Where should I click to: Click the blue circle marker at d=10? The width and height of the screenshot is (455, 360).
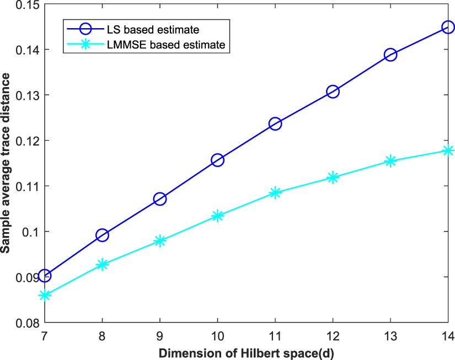point(217,160)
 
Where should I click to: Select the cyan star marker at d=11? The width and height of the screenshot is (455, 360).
point(275,192)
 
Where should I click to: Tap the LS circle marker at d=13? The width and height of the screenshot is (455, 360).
point(390,55)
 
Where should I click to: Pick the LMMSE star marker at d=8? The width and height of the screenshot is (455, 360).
point(102,264)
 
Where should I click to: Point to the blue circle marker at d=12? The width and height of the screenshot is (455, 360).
point(333,92)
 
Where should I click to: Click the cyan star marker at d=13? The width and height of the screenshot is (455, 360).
point(390,160)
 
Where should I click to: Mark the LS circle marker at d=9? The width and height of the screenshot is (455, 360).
point(160,199)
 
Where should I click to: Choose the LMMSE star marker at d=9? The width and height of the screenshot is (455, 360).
point(160,240)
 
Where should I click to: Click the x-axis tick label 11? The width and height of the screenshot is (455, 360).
point(275,335)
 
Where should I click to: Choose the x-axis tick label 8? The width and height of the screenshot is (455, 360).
point(102,335)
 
